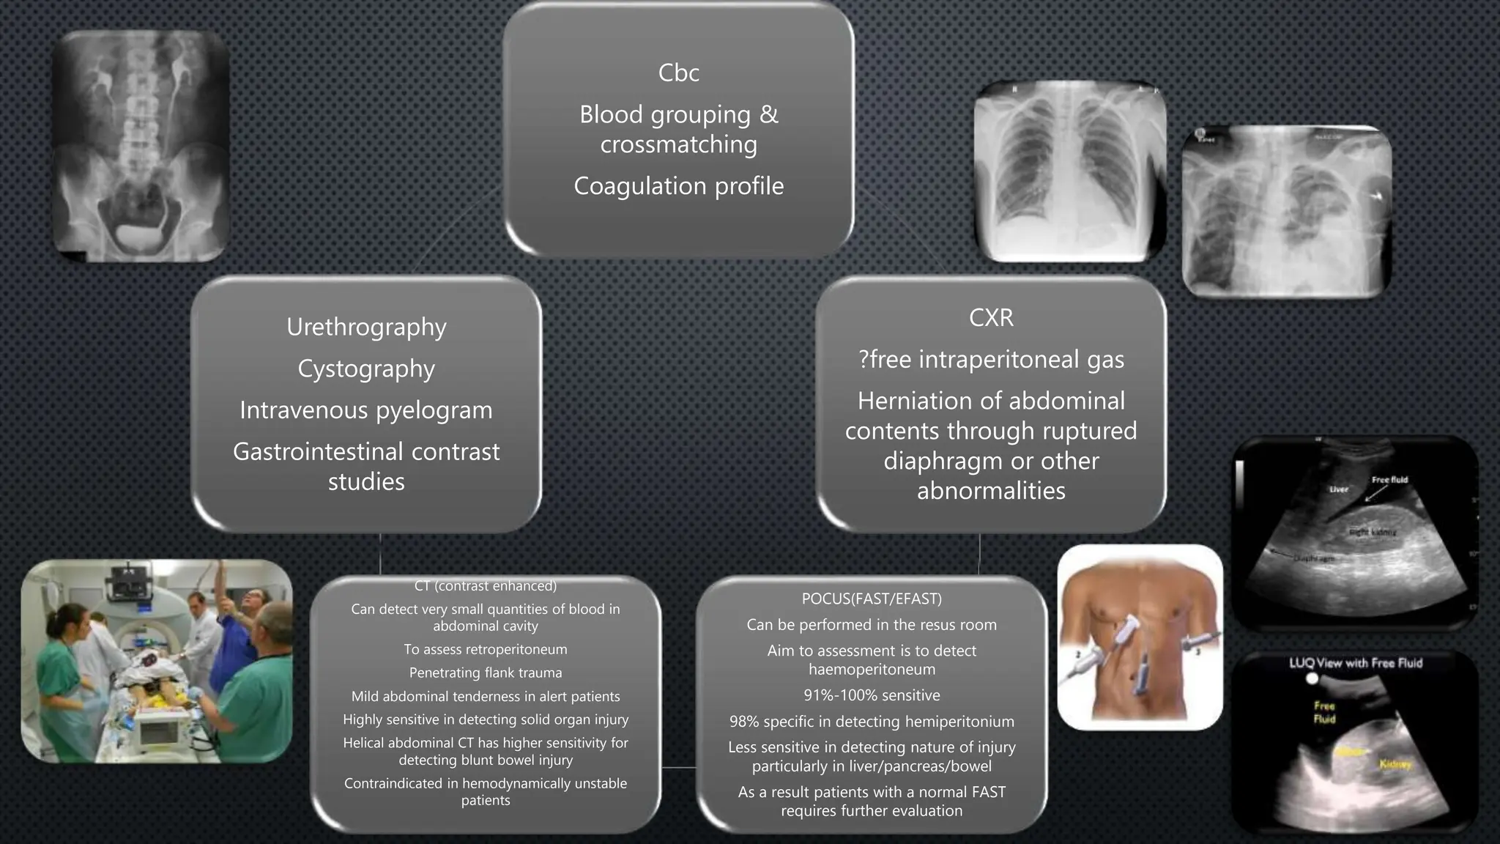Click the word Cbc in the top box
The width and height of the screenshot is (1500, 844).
[678, 73]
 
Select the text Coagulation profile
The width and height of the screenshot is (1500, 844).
[678, 186]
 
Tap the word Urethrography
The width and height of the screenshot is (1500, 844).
[366, 327]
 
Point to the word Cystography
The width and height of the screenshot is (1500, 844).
[366, 369]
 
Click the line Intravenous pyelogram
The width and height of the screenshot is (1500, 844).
[366, 410]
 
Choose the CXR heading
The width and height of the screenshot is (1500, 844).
[991, 317]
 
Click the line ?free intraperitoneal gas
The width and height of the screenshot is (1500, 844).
[991, 359]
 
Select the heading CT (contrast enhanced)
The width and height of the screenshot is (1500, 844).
[486, 586]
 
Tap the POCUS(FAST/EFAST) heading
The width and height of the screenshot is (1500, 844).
[872, 599]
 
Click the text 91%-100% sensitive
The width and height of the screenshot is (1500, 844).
[872, 695]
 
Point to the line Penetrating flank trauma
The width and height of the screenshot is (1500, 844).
[486, 673]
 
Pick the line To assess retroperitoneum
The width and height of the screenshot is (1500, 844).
[486, 649]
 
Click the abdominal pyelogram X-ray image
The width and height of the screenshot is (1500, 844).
[141, 147]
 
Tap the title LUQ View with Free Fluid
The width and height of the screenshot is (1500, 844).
[1356, 663]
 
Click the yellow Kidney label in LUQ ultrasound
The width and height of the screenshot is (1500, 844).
[1395, 764]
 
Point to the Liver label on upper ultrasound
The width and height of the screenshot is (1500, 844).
[1339, 489]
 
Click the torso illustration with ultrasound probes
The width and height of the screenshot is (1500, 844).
[1140, 637]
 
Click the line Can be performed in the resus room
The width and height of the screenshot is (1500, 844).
[872, 625]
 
